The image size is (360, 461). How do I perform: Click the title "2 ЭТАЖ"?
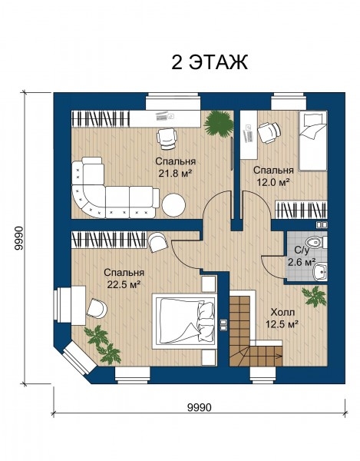[x=210, y=62]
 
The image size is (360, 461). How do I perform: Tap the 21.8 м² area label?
[x=175, y=174]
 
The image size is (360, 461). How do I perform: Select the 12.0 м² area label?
[x=273, y=182]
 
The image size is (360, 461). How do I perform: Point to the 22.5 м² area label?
[x=124, y=284]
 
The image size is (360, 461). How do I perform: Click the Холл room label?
[x=282, y=312]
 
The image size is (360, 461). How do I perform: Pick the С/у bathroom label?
[x=302, y=250]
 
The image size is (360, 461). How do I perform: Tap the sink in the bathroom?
[x=319, y=272]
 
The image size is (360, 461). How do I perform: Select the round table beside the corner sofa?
[x=173, y=205]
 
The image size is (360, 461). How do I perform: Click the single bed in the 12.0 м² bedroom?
[x=312, y=141]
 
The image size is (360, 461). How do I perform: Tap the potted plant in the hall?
[x=315, y=297]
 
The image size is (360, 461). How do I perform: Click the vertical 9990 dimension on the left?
[x=18, y=238]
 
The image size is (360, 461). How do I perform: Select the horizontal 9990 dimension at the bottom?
[x=200, y=407]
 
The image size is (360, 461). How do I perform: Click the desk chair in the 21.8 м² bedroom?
[x=167, y=139]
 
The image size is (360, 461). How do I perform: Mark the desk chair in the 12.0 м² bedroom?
[x=269, y=133]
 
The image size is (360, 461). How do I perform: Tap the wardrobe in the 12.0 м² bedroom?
[x=301, y=210]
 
